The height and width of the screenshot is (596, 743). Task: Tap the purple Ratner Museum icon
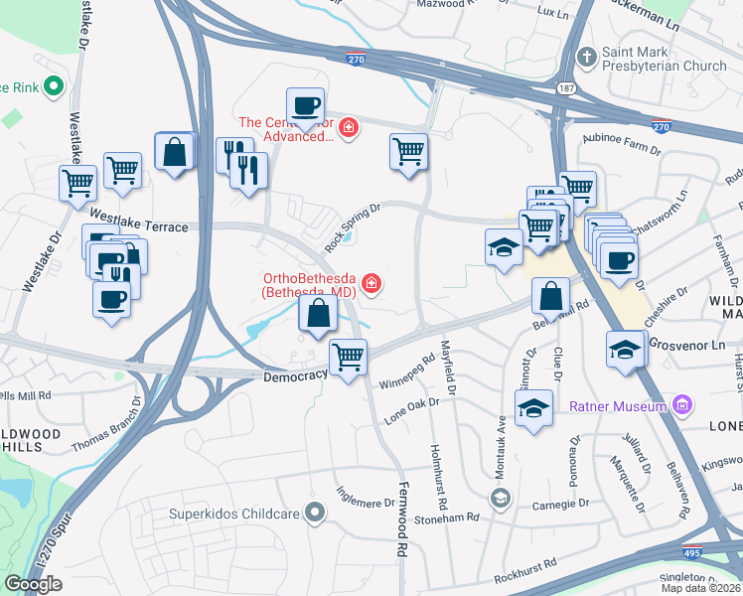(681, 405)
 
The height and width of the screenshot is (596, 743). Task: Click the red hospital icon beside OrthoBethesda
(371, 285)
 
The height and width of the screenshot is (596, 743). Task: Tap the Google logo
(34, 584)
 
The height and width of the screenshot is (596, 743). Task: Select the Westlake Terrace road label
(138, 226)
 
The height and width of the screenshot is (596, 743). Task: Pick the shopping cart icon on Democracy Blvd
(348, 356)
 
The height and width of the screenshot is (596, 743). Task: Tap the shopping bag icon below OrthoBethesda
(317, 315)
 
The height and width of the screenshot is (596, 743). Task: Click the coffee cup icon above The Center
(306, 104)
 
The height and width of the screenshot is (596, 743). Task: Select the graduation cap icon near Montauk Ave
(533, 406)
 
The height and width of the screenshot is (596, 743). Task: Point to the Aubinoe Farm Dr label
(622, 145)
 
